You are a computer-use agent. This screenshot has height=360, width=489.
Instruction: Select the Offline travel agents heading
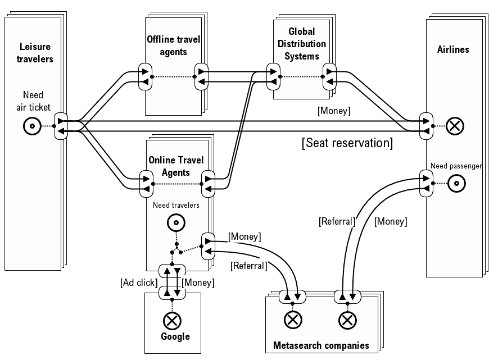[x=173, y=45]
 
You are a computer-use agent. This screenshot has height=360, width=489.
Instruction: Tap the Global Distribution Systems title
[x=302, y=44]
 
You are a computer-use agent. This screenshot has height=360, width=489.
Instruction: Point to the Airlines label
[x=452, y=49]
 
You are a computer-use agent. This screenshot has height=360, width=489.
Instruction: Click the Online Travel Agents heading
[x=175, y=166]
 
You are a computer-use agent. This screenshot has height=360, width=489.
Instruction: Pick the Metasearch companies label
[x=321, y=345]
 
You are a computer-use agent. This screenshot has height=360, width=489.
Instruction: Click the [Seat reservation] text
[x=347, y=143]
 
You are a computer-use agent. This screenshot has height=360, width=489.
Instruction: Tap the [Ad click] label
[x=138, y=283]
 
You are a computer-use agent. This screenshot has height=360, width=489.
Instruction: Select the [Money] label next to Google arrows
[x=198, y=283]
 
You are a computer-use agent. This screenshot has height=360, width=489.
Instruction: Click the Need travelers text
[x=176, y=206]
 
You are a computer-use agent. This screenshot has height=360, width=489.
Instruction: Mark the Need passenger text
[x=456, y=166]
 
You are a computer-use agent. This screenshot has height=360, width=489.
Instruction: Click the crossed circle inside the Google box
[x=171, y=321]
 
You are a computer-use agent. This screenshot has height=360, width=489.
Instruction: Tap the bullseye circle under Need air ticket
[x=32, y=126]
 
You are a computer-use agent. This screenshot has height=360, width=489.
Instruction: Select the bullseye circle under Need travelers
[x=176, y=223]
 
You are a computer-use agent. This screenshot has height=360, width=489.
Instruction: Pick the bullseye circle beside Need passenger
[x=457, y=183]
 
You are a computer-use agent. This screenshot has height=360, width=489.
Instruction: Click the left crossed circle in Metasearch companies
[x=292, y=321]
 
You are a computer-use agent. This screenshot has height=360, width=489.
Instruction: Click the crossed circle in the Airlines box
[x=454, y=125]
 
